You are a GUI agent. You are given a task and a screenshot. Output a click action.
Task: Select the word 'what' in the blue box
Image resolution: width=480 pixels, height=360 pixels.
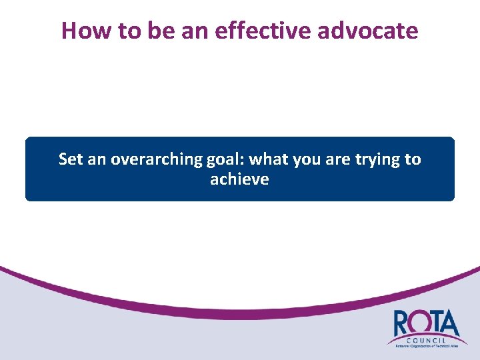(267, 159)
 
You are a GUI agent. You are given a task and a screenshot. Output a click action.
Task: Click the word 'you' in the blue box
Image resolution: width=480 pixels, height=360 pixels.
(304, 159)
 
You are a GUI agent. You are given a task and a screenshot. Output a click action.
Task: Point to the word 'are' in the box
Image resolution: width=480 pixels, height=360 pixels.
(335, 159)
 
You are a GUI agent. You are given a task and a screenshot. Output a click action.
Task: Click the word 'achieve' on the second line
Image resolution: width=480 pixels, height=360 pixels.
(239, 179)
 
